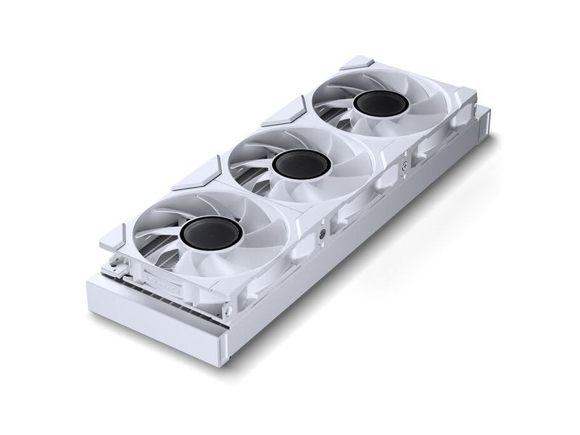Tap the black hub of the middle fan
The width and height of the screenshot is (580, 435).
point(302,165)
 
